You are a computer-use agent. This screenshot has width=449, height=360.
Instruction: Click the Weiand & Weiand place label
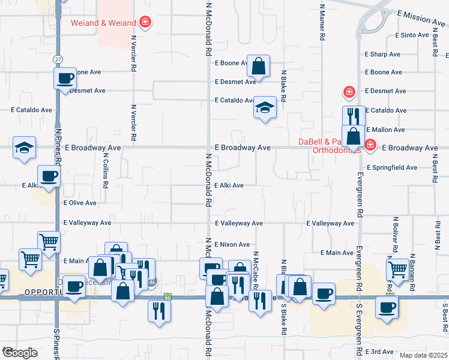click(x=103, y=23)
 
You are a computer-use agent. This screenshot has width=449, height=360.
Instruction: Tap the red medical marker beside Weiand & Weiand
click(x=145, y=23)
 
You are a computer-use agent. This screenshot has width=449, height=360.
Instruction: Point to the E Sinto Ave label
click(x=412, y=36)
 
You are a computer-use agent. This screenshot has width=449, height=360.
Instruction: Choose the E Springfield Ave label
click(x=391, y=167)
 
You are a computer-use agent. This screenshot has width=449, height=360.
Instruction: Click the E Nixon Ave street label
click(x=232, y=245)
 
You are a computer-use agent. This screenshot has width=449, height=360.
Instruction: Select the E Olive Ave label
click(x=80, y=203)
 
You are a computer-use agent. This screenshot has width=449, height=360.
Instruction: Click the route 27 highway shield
click(x=58, y=59)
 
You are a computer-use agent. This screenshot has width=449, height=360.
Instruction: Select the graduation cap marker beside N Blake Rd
click(x=264, y=108)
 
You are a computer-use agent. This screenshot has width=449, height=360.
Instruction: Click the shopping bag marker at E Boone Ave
click(x=258, y=66)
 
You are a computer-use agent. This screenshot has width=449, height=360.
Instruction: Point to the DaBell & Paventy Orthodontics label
click(x=330, y=146)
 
